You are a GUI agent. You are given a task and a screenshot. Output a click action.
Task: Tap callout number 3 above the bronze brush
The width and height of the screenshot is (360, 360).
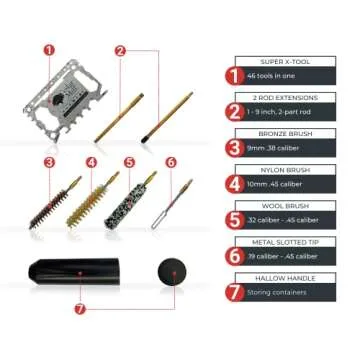coord(48,161)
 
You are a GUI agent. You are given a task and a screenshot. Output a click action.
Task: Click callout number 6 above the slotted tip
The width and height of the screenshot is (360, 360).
coord(170,161)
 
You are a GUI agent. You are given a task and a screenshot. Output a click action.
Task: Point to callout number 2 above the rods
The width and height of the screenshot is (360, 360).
coord(121,49)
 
